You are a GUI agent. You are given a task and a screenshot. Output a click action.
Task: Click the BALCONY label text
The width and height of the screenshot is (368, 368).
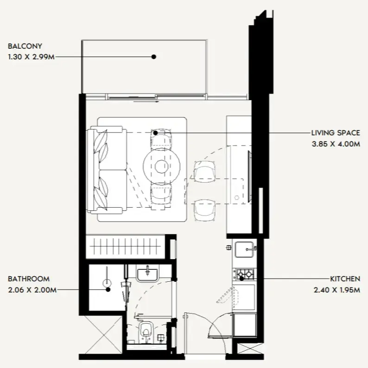coord(25,46)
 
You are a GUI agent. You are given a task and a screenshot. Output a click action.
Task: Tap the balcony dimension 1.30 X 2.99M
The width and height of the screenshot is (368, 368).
coord(31,57)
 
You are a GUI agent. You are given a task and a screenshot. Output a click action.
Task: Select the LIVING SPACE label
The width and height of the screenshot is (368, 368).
coord(336,133)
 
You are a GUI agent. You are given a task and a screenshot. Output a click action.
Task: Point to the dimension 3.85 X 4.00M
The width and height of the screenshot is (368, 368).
coord(336,144)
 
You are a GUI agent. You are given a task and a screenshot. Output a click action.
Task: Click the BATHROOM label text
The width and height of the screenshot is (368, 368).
coord(29,279)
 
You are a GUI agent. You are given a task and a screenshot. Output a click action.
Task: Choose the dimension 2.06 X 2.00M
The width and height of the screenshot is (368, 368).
coord(32,290)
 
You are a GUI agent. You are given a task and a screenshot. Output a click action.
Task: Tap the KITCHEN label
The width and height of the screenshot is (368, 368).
coord(345,279)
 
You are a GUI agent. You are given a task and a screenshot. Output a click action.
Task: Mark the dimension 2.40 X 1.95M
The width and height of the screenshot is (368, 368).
coord(337,290)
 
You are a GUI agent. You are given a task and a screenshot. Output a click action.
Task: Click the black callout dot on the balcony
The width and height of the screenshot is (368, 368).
coord(154,57)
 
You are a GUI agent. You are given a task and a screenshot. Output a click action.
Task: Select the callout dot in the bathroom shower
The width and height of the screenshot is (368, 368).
coord(108,290)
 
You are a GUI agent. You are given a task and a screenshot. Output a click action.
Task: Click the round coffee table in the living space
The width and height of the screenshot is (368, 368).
coord(161,166)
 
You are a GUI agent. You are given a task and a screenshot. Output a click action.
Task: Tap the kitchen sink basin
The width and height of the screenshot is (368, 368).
coord(244,250)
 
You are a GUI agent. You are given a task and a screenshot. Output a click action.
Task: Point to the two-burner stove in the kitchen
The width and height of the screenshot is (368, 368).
coord(245,274)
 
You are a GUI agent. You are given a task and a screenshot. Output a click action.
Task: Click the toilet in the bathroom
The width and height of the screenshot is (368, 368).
coord(146,331)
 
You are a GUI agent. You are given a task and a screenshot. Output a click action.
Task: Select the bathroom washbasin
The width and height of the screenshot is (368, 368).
coord(147,274)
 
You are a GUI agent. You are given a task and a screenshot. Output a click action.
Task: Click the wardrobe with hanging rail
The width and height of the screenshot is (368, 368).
coord(126,247)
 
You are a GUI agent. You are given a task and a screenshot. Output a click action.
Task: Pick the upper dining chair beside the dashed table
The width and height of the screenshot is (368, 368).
coord(204,171)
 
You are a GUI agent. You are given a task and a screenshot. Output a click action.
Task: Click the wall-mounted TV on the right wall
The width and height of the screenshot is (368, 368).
coord(250,177)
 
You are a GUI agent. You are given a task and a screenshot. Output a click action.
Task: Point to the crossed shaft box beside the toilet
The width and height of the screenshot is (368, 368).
coord(103,335)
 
